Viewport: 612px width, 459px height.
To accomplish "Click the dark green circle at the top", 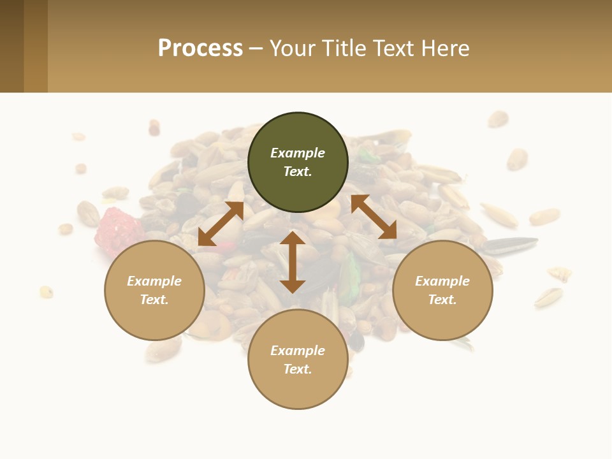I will tap(298, 162).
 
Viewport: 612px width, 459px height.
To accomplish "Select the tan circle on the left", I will tap(154, 290).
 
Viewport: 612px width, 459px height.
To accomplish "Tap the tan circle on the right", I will tap(442, 290).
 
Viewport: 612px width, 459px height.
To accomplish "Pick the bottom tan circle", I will tap(298, 360).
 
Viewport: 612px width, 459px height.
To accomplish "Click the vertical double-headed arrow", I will tap(293, 262).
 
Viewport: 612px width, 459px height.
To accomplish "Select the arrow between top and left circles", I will tap(221, 223).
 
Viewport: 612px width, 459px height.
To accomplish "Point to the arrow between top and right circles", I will tap(374, 217).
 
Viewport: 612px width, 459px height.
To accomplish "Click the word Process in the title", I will tap(200, 48).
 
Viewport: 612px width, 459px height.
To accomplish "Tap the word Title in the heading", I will tap(344, 48).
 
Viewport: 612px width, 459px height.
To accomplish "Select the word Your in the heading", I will tap(293, 48).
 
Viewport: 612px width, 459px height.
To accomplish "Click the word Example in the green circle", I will tap(298, 153).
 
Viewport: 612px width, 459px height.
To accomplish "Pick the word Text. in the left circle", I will tap(154, 300).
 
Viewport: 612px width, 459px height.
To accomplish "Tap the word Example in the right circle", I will tap(442, 281).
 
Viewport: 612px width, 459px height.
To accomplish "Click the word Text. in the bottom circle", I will tap(298, 369).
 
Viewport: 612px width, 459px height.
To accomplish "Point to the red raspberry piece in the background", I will tap(118, 231).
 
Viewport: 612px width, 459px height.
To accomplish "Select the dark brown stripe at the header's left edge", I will tap(11, 46).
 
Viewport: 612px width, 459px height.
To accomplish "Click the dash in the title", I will tap(256, 48).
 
